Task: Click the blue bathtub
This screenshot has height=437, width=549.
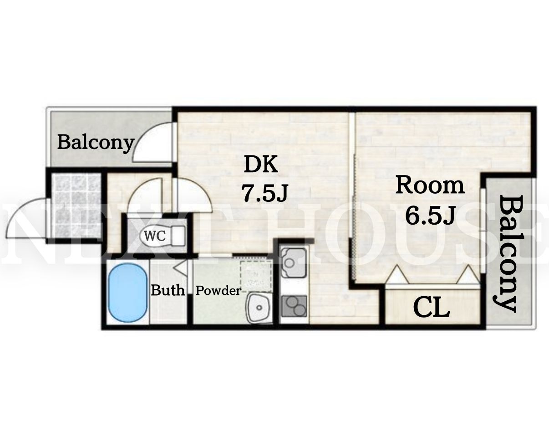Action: tap(128, 293)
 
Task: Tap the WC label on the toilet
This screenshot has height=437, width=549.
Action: tap(155, 236)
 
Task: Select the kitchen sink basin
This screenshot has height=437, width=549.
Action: tap(293, 262)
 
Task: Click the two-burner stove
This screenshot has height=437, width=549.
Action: tap(294, 306)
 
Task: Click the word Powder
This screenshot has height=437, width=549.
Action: tap(218, 291)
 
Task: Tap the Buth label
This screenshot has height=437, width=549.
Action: tap(168, 290)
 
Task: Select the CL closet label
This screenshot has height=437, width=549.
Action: tap(431, 308)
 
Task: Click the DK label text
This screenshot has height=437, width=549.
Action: tap(261, 165)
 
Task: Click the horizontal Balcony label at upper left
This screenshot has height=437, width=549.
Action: tap(96, 143)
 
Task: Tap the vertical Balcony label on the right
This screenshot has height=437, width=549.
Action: tap(508, 254)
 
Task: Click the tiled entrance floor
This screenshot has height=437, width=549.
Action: tap(76, 206)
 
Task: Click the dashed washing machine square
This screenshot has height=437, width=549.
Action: tap(256, 276)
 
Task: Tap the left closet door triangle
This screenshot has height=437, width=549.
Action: tap(397, 274)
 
